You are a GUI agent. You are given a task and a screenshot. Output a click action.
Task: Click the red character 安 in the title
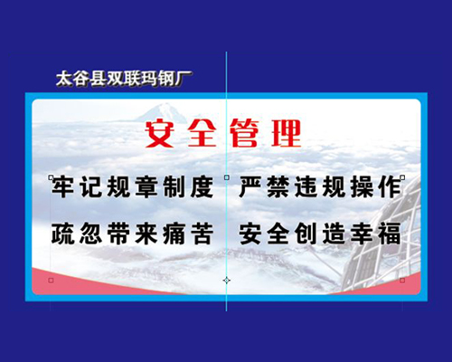tap(160, 133)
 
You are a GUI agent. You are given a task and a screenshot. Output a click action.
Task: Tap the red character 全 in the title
tap(202, 133)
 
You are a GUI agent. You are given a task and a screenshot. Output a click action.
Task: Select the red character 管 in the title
tap(244, 133)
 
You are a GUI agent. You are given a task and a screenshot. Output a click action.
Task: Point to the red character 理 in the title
tap(287, 133)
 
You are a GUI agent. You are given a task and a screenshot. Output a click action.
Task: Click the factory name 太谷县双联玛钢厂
tap(124, 79)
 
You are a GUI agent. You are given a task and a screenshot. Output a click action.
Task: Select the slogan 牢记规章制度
tap(133, 187)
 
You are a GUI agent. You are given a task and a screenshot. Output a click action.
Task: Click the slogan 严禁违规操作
tap(320, 187)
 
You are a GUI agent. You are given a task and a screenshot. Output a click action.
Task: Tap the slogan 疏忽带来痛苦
tap(133, 233)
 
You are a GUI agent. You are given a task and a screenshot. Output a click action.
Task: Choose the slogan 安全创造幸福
tap(320, 233)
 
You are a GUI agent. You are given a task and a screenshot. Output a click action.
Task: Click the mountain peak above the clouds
tap(165, 112)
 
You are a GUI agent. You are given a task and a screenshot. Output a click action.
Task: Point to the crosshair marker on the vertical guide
tap(227, 281)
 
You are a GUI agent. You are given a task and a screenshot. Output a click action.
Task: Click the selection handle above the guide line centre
tap(227, 177)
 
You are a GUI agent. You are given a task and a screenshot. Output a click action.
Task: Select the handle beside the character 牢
tap(51, 177)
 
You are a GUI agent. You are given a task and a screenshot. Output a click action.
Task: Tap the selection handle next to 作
tap(402, 177)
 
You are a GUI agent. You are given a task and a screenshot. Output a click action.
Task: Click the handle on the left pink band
tap(51, 281)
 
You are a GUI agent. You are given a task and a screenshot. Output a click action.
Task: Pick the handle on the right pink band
tap(402, 281)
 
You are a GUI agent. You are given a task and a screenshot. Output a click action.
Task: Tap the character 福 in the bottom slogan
tap(391, 233)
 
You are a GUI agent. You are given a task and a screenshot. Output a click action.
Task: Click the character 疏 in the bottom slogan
tap(62, 233)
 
